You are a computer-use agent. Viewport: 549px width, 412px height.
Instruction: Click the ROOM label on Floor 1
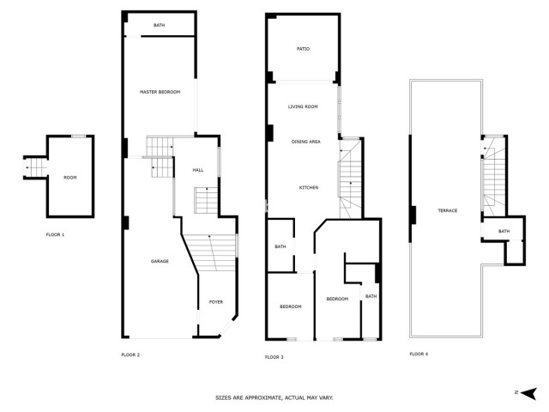(69, 178)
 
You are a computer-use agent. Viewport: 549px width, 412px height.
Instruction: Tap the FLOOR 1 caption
(55, 234)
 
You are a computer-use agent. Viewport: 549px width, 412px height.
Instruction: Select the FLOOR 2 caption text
(130, 354)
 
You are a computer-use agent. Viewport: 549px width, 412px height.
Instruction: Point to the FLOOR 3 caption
(274, 356)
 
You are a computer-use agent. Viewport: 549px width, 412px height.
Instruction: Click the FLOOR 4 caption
(419, 354)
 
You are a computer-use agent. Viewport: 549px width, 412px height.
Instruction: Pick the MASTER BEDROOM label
(160, 92)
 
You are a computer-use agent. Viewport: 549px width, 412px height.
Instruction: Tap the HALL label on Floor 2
(197, 170)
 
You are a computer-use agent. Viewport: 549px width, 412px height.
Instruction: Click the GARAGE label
(160, 261)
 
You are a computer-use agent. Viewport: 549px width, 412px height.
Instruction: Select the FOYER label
(215, 302)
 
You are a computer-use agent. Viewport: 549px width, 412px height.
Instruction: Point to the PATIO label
(303, 50)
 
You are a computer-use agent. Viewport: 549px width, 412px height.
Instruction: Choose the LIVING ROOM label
(303, 106)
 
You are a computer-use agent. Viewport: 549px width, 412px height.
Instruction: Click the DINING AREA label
(305, 142)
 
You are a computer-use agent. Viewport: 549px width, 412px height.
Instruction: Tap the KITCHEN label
(309, 187)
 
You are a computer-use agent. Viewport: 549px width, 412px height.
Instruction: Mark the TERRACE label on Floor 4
(447, 211)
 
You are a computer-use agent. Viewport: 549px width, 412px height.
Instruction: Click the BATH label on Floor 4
(504, 231)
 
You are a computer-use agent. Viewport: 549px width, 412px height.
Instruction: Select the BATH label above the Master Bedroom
(159, 26)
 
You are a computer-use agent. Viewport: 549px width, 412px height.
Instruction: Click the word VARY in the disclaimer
(326, 398)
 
